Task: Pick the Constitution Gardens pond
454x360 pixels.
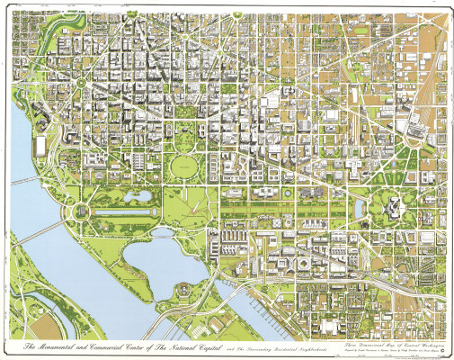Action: coord(140,194)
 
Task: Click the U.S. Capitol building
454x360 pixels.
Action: coord(393,207)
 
